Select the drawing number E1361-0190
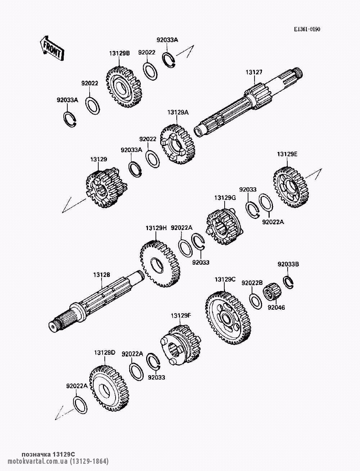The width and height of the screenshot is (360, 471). pos(307,29)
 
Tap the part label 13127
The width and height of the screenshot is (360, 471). pos(254,72)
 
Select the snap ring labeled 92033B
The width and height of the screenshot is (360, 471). pos(288,282)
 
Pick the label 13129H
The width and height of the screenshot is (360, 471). pos(156,228)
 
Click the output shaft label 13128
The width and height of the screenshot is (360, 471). pos(102,275)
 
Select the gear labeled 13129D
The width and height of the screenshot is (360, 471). pos(108,389)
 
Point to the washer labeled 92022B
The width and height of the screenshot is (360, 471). pos(256,301)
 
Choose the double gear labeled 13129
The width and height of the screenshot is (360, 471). pos(107,188)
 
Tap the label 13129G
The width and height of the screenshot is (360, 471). pos(225,198)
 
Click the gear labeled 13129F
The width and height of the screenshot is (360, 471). pos(181,345)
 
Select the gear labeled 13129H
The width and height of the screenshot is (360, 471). pos(160,264)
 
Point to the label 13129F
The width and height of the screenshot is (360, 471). pos(181,316)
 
